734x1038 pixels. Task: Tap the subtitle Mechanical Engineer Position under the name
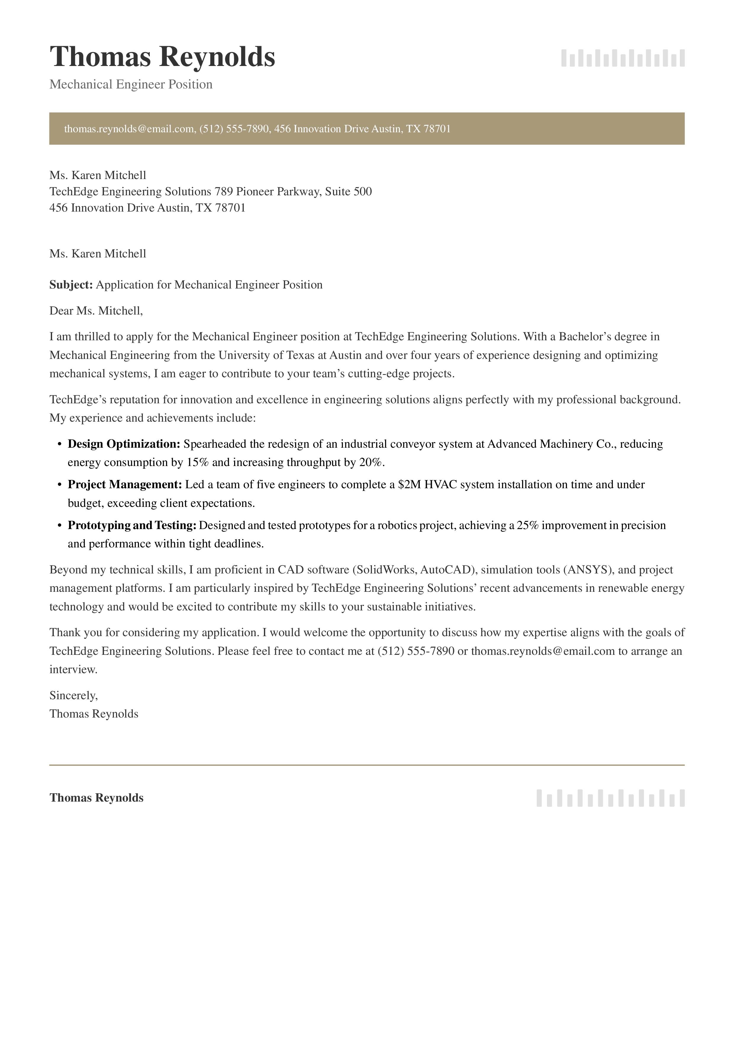click(131, 85)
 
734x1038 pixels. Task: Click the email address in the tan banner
click(129, 129)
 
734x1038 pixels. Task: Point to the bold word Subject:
click(71, 285)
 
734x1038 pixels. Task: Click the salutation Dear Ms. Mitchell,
click(96, 311)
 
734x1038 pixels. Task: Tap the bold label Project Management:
click(124, 485)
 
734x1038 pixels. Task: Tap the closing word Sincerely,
click(73, 695)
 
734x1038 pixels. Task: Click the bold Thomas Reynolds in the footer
click(96, 798)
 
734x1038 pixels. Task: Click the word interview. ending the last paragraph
click(73, 670)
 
